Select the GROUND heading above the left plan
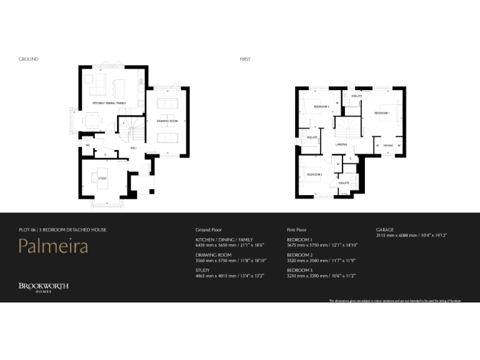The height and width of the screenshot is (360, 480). click(29, 59)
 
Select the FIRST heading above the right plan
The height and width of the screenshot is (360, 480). click(245, 59)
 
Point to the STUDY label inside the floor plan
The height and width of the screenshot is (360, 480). click(102, 179)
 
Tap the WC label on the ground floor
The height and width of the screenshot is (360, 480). click(88, 145)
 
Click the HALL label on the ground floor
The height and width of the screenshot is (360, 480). click(134, 148)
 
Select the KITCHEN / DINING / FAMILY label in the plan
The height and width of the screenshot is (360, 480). click(109, 102)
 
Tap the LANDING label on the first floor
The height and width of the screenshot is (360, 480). click(341, 144)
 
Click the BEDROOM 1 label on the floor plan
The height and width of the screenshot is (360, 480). click(381, 113)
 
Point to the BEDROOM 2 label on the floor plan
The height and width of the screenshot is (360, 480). click(314, 174)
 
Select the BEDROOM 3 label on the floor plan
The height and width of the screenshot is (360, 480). click(321, 107)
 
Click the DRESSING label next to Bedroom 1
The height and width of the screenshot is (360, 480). click(388, 146)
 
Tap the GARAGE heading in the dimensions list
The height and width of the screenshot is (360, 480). click(385, 229)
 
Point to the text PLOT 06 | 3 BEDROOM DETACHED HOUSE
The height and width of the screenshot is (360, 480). click(62, 230)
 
